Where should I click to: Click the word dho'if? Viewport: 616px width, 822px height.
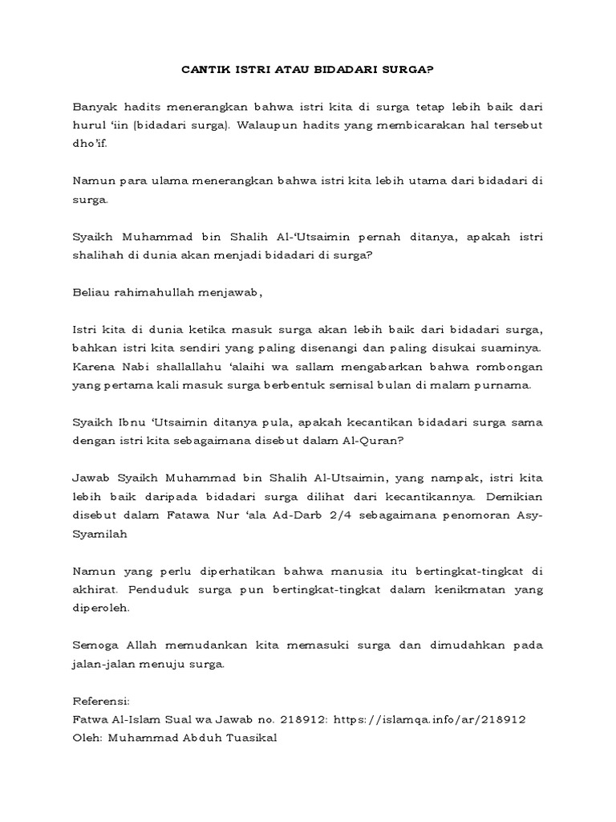88,144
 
